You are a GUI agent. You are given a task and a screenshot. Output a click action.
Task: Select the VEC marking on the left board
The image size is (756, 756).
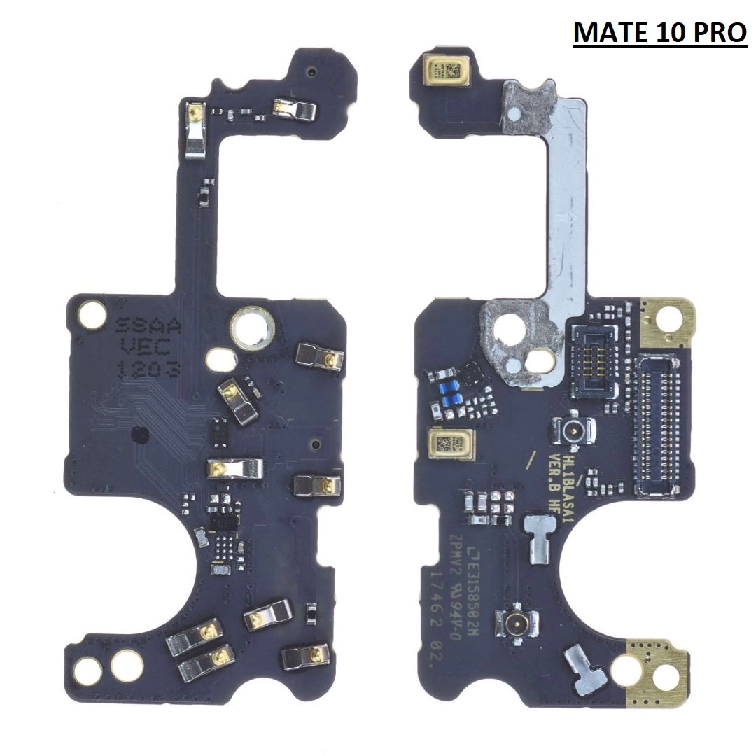[149, 346]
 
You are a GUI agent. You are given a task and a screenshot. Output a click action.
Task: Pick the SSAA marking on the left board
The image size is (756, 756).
[148, 326]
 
